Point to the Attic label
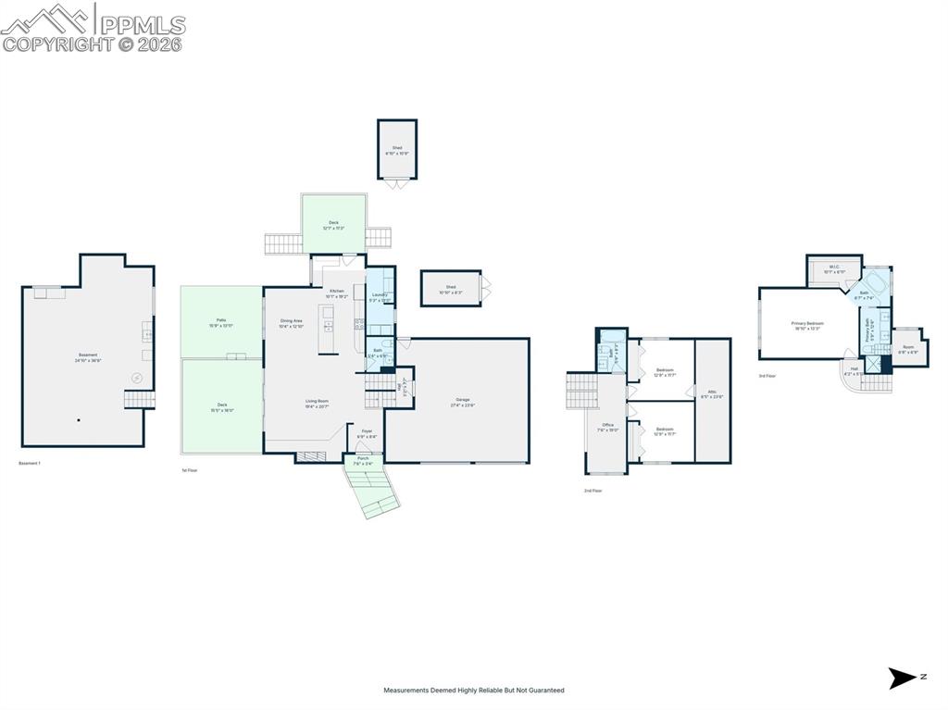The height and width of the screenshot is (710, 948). point(713,393)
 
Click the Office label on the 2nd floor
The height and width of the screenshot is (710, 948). point(608,427)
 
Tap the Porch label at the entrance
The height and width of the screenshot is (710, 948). point(363,460)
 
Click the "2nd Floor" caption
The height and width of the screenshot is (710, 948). point(592,491)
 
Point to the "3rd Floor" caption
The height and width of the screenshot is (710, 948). point(767,376)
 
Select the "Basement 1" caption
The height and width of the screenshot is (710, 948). point(30,463)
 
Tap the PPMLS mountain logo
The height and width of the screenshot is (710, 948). point(47,19)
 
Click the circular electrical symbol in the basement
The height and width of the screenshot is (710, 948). point(137,378)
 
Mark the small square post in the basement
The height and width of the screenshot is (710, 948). point(79,419)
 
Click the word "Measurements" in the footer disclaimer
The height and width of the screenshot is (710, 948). point(407,691)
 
